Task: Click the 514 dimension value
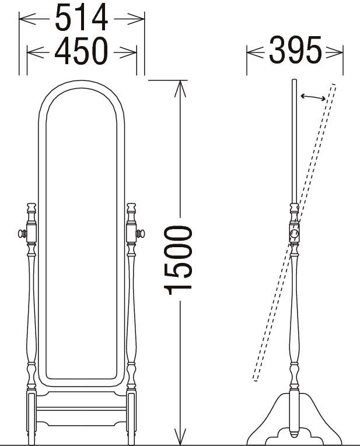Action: tap(81, 17)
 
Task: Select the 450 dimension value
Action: tap(81, 51)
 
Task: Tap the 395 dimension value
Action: tap(295, 50)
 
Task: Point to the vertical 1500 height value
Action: tap(178, 260)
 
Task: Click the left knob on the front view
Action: tap(22, 234)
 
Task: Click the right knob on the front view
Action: tap(140, 234)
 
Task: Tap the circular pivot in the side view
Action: tap(294, 234)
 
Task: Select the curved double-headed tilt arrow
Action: tap(313, 97)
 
